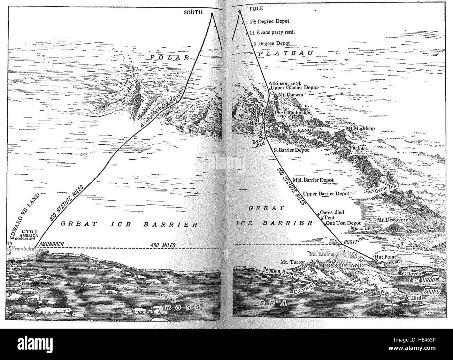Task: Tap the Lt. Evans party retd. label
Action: tap(272, 32)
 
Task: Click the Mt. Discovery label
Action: tap(392, 220)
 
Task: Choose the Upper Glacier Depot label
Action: tap(295, 88)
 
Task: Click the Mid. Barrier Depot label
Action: tap(313, 180)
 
